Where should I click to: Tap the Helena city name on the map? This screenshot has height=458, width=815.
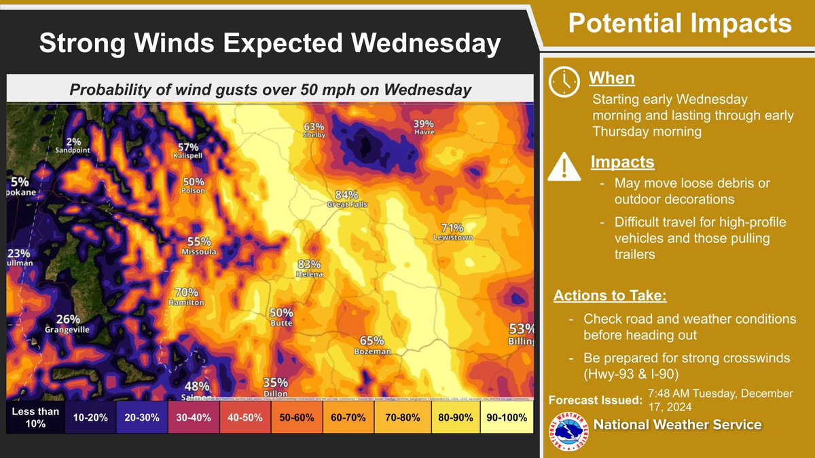[x=309, y=274]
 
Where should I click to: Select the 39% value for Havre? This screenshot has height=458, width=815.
[x=424, y=123]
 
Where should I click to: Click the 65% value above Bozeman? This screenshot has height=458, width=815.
[x=372, y=341]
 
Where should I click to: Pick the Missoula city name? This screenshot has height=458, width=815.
[x=199, y=252]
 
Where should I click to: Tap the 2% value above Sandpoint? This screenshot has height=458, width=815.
[x=74, y=141]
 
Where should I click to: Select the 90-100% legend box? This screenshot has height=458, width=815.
[x=507, y=417]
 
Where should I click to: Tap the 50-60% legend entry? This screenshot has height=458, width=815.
[x=295, y=417]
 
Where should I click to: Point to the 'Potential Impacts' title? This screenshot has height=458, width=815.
[x=680, y=24]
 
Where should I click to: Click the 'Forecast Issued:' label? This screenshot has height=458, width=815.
[x=594, y=400]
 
